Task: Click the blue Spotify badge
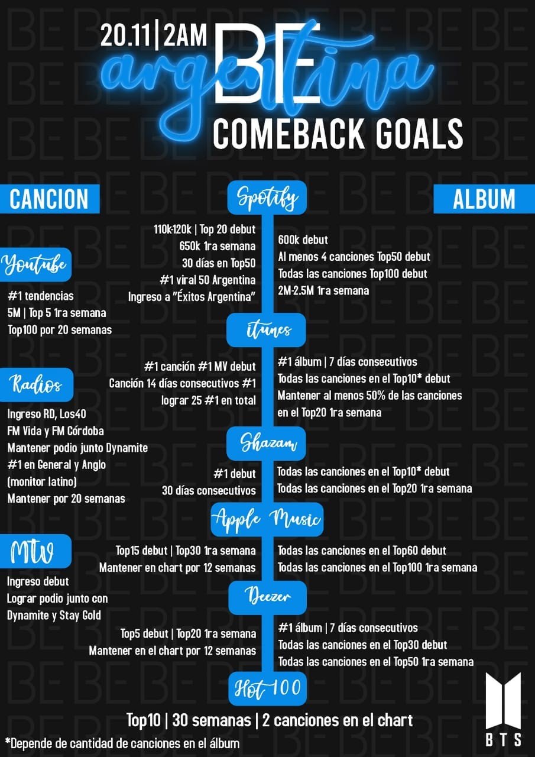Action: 267,198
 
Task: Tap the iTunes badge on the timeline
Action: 266,330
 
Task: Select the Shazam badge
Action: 266,444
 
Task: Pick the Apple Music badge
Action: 267,519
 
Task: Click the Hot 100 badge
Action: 267,688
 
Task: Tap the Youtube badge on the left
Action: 35,264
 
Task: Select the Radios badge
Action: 36,385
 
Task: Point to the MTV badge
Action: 35,551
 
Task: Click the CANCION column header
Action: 50,199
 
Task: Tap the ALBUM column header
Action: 484,199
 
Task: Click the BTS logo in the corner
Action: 503,710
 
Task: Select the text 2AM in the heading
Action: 184,36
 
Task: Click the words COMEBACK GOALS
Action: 338,134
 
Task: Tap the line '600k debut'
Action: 303,240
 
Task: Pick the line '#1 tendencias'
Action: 41,296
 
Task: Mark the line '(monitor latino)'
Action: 42,481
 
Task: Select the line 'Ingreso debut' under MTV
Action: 38,581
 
